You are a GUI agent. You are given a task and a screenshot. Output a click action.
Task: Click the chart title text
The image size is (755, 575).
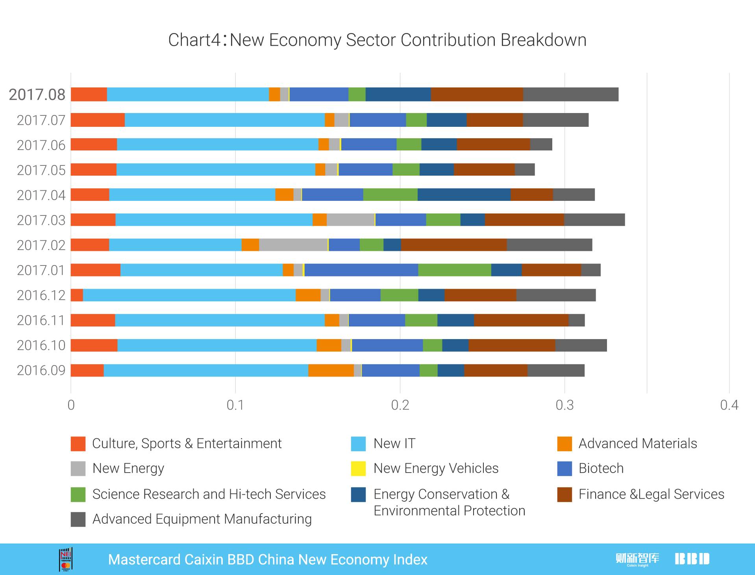[x=377, y=40]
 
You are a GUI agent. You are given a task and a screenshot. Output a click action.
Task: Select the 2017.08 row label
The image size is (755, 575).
[x=37, y=95]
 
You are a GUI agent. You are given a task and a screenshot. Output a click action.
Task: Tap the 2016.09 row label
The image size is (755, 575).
[x=41, y=371]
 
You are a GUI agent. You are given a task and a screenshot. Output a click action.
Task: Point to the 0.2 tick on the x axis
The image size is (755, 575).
[x=400, y=405]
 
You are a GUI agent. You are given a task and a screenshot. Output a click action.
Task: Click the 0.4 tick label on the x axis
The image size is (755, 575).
[x=729, y=405]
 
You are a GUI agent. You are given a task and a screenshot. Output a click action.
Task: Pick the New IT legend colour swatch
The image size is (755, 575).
[x=358, y=444]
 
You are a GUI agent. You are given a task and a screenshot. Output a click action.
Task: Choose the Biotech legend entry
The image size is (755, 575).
[x=601, y=469]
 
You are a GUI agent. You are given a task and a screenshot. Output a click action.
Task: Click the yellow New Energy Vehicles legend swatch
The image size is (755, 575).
[x=358, y=469]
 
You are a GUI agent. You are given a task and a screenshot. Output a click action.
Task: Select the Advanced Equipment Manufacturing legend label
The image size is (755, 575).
[x=202, y=519]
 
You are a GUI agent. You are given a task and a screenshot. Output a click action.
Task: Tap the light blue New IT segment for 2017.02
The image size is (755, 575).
[x=175, y=245]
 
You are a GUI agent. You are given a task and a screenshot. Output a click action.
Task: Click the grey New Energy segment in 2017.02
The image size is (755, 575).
[x=293, y=245]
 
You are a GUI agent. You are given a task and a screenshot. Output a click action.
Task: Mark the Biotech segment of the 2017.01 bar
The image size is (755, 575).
[x=361, y=270]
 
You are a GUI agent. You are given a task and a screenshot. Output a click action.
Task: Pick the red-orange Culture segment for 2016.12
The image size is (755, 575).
[x=77, y=295]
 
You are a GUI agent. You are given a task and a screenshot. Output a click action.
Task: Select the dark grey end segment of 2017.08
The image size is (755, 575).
[x=571, y=95]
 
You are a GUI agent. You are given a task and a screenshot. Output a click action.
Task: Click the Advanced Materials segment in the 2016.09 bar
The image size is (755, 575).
[x=331, y=371]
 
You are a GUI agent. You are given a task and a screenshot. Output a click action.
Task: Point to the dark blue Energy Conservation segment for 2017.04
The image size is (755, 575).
[x=464, y=195]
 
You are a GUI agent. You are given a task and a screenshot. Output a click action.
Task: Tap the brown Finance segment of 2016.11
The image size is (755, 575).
[x=521, y=320]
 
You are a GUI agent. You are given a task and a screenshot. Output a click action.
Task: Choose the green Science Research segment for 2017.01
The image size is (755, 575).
[x=455, y=270]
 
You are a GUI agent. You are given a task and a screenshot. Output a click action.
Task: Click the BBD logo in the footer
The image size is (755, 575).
[x=692, y=559]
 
